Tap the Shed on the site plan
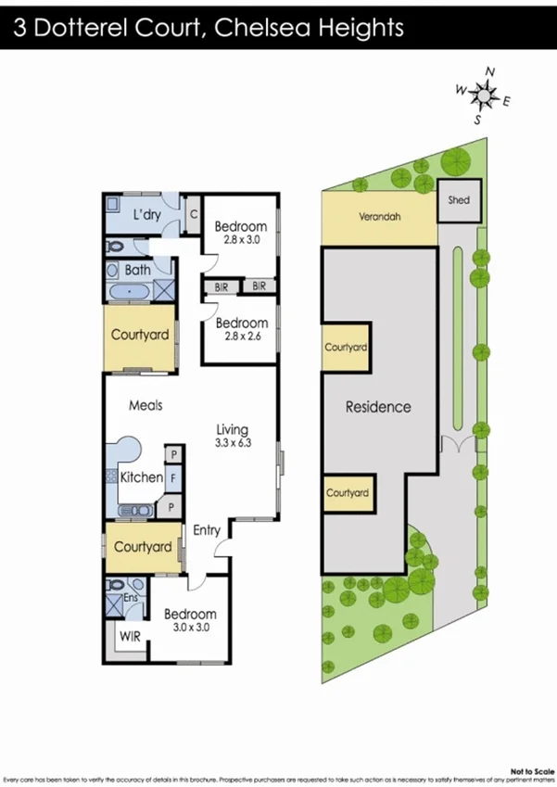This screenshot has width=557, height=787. click(x=459, y=200)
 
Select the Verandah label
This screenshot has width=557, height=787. click(x=380, y=219)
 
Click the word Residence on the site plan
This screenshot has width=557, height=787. click(x=378, y=406)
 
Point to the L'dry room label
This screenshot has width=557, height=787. click(x=147, y=215)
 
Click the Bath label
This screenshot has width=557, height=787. click(x=138, y=271)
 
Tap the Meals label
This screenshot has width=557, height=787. click(x=146, y=405)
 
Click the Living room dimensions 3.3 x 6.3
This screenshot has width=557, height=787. click(x=233, y=443)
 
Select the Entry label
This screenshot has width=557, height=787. click(x=207, y=530)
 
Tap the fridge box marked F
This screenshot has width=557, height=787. click(x=173, y=479)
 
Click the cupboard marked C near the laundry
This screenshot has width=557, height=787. click(x=194, y=214)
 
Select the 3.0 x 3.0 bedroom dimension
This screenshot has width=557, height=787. click(x=190, y=628)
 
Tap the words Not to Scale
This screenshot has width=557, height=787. click(x=525, y=769)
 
